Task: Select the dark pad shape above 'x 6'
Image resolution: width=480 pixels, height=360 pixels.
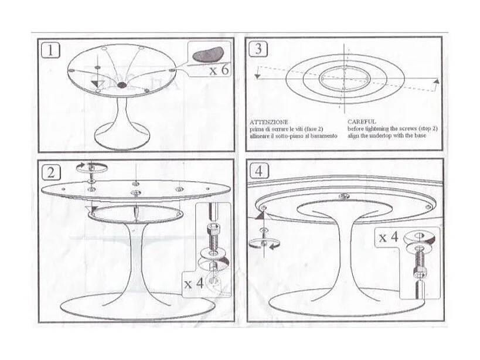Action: point(206,55)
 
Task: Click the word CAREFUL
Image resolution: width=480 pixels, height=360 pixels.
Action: point(362,122)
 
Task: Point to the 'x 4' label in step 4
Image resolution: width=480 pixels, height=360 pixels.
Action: point(389,237)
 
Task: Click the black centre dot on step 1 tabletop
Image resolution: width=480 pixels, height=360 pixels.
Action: point(122,86)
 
